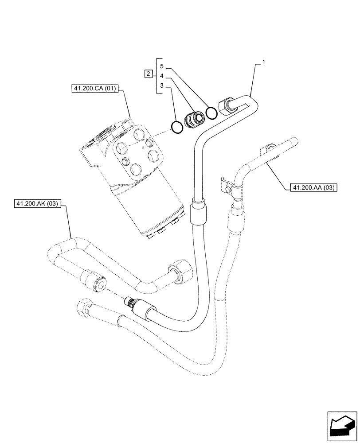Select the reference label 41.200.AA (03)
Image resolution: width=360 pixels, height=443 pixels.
pos(313,188)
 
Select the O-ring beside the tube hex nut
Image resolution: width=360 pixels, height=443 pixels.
pos(212,113)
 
